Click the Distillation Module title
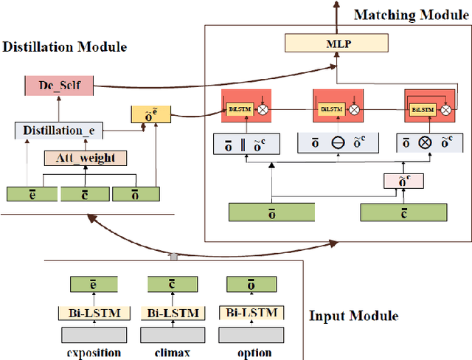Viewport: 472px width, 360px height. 64,46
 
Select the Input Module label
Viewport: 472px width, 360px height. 353,316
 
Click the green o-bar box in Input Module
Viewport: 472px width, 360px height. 250,285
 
